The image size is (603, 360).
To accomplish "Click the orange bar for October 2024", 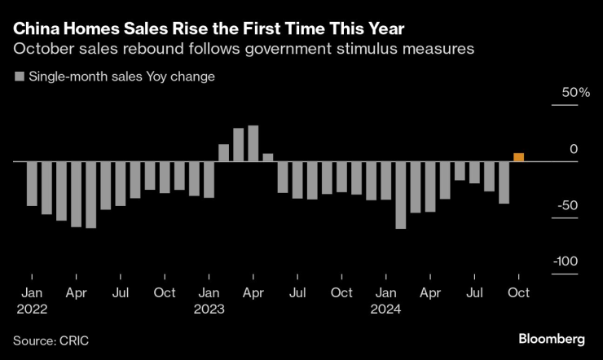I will pyautogui.click(x=518, y=157).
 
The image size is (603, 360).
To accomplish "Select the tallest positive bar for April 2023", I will pyautogui.click(x=253, y=143).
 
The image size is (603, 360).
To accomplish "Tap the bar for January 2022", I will pyautogui.click(x=31, y=183).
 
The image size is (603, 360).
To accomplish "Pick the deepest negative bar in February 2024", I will pyautogui.click(x=400, y=195).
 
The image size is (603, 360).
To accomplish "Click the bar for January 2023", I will pyautogui.click(x=209, y=179).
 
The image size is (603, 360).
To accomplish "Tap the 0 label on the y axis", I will pyautogui.click(x=573, y=149).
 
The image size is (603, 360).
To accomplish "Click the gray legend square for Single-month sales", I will pyautogui.click(x=19, y=77).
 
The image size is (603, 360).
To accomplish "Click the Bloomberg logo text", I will pyautogui.click(x=552, y=338).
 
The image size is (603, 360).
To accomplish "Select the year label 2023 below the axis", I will pyautogui.click(x=209, y=309).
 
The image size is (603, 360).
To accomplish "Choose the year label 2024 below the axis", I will pyautogui.click(x=386, y=309).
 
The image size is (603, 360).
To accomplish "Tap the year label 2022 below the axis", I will pyautogui.click(x=31, y=309).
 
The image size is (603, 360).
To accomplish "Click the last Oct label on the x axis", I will pyautogui.click(x=518, y=292).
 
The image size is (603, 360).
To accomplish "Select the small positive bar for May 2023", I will pyautogui.click(x=268, y=157).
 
